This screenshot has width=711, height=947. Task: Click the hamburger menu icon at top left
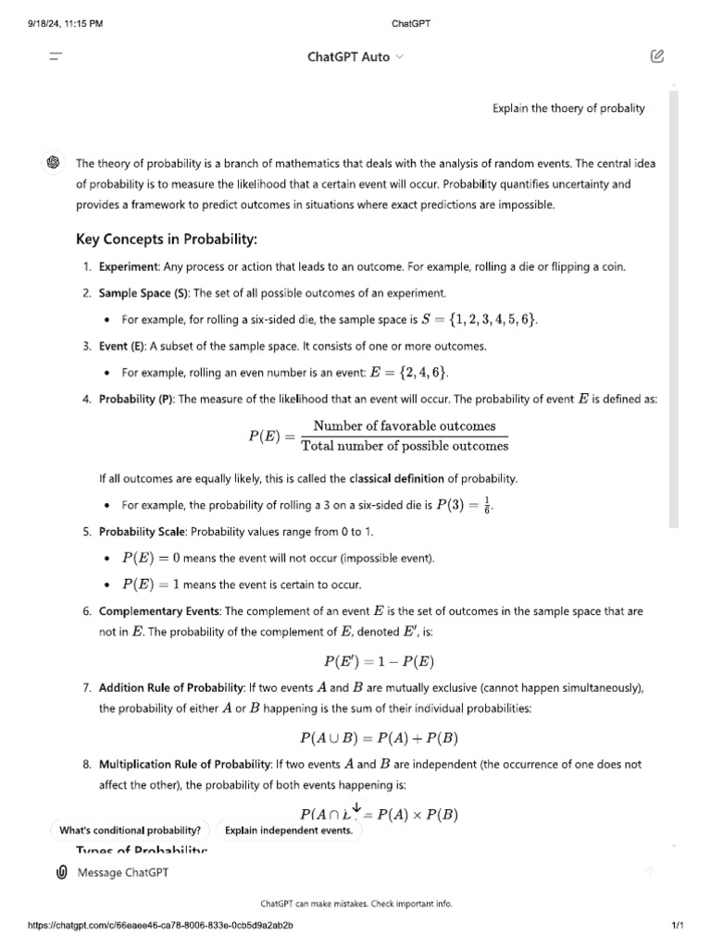(56, 56)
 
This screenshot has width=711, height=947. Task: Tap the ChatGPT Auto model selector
(355, 56)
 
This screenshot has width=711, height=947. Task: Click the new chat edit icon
(656, 56)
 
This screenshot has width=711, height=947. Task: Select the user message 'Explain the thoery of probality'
(568, 108)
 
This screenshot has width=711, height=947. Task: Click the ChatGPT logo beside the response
(54, 163)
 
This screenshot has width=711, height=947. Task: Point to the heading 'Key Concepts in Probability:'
(166, 240)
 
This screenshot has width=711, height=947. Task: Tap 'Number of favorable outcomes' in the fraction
(404, 425)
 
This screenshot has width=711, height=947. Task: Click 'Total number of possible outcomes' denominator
(404, 446)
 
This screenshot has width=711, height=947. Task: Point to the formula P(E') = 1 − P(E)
(379, 661)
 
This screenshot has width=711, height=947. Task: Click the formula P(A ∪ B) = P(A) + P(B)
(379, 738)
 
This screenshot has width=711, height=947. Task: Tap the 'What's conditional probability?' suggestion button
(131, 830)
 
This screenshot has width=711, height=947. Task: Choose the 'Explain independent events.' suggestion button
(288, 830)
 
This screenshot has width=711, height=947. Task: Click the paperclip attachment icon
(62, 872)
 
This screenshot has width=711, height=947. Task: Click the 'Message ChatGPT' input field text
(123, 872)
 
